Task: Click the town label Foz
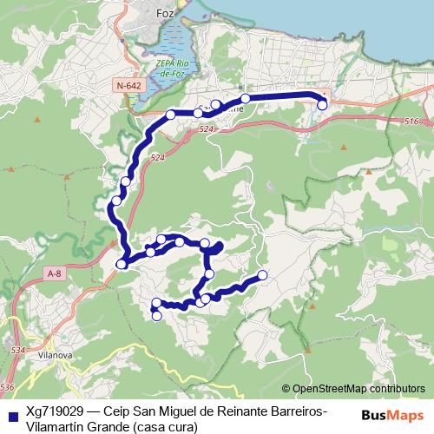click(165, 14)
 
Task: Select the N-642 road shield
click(127, 85)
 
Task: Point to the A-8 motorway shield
click(55, 274)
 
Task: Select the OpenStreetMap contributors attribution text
click(358, 389)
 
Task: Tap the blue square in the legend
click(13, 414)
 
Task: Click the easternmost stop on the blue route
click(322, 105)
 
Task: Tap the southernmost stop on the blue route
click(157, 315)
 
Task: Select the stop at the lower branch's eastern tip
click(263, 275)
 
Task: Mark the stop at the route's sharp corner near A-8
click(122, 263)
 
